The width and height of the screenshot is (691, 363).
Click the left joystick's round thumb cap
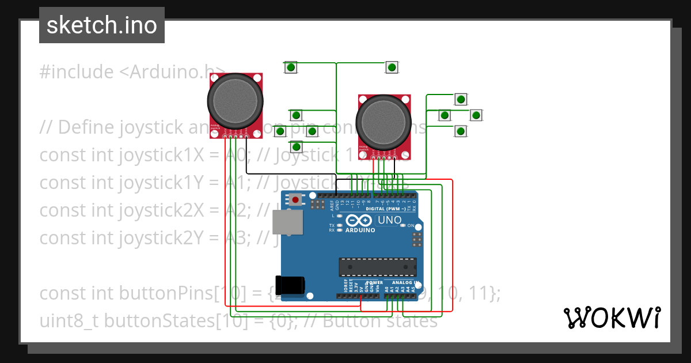point(236,101)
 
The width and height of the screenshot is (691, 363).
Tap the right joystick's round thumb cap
point(384,122)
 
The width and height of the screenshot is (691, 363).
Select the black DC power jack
point(290,285)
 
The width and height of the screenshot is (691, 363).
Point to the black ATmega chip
point(378,267)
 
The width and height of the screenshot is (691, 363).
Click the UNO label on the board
point(389,220)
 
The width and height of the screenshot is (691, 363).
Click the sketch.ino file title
point(102,25)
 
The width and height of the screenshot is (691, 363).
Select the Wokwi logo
point(612,317)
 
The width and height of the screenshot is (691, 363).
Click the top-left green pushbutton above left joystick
point(291,67)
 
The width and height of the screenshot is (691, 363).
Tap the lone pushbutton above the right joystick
point(392,67)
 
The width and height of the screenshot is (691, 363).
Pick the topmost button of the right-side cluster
point(461,99)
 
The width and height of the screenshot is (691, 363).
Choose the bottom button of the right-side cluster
point(461,131)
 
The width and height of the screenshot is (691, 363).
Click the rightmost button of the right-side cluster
point(476,115)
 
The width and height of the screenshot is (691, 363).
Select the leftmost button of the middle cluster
point(280,131)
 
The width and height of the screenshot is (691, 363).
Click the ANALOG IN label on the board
point(404,283)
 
